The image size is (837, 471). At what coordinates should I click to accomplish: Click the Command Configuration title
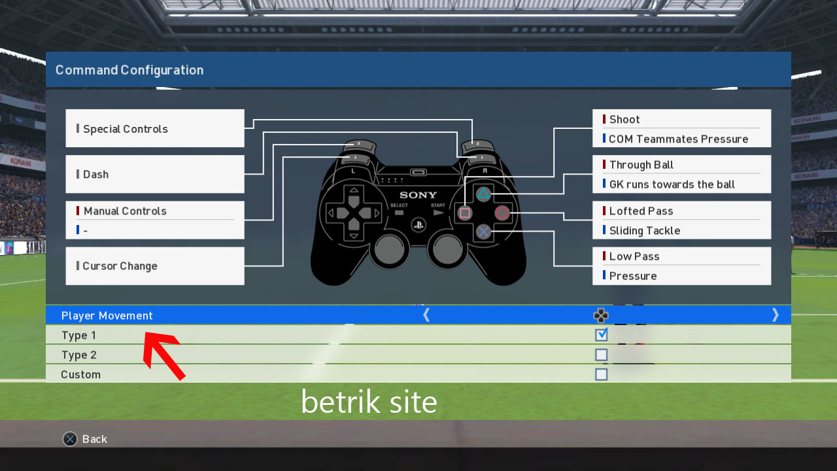point(129,70)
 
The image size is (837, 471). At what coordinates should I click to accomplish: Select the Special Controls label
point(125,129)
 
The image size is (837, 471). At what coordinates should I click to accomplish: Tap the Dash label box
point(155,174)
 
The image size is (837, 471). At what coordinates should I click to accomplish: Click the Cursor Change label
point(120,266)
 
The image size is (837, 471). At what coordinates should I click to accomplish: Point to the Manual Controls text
point(125,211)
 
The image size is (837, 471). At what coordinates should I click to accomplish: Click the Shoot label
point(624,119)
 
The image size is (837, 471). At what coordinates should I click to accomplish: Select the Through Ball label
point(641,165)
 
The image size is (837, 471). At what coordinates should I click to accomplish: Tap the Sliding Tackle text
point(644,230)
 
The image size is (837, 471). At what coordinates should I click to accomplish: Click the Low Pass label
point(634,256)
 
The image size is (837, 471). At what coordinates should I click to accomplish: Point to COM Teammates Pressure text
point(678,139)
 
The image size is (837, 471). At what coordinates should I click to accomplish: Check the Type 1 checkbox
point(601,335)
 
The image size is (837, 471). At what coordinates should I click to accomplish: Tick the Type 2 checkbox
point(601,355)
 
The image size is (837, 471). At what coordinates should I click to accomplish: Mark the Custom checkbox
point(601,374)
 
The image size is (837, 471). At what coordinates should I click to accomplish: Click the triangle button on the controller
point(483,194)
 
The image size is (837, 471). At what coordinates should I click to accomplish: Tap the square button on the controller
point(465,213)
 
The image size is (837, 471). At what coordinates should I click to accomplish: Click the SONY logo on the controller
point(418,195)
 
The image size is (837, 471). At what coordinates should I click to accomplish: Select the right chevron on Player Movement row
point(776,315)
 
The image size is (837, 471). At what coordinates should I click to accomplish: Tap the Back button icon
point(70,439)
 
